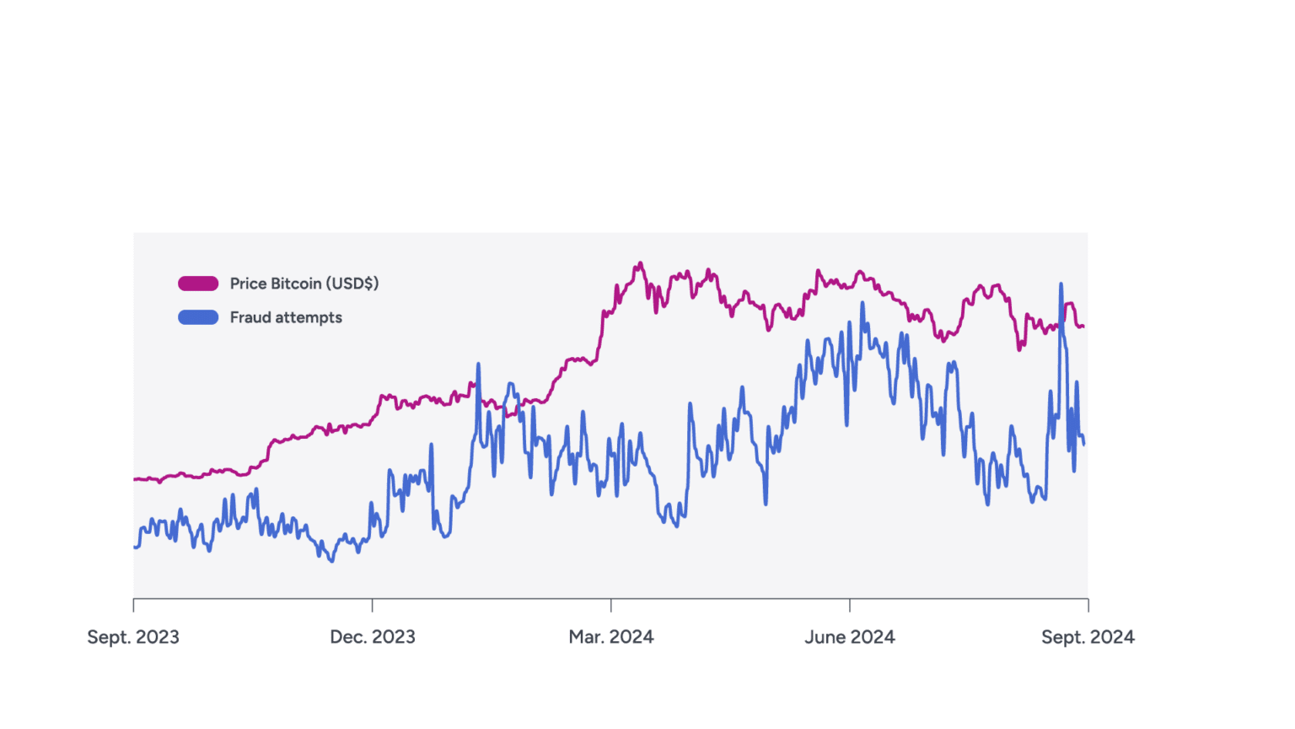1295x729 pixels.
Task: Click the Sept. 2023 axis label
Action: pyautogui.click(x=133, y=637)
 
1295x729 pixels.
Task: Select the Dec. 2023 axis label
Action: pyautogui.click(x=372, y=637)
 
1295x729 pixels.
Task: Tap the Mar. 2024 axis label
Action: pyautogui.click(x=610, y=637)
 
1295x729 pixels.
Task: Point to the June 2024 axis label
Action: pyautogui.click(x=849, y=637)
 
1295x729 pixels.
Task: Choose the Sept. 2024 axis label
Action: pyautogui.click(x=1088, y=637)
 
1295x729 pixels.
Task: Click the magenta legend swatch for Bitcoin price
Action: pyautogui.click(x=198, y=283)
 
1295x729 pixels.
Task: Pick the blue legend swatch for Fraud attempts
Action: pyautogui.click(x=198, y=317)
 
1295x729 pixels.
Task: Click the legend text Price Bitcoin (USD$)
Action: pyautogui.click(x=304, y=283)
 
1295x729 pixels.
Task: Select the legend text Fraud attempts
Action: pyautogui.click(x=286, y=317)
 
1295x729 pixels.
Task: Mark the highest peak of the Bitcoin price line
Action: pyautogui.click(x=641, y=263)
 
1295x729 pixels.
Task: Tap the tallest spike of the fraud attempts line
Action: pyautogui.click(x=1061, y=284)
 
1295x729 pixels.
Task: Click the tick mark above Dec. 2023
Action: pyautogui.click(x=372, y=605)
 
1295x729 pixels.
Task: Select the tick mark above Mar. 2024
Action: pyautogui.click(x=610, y=605)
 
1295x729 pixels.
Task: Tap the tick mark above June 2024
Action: pyautogui.click(x=849, y=605)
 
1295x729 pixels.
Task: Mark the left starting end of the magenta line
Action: pyautogui.click(x=135, y=479)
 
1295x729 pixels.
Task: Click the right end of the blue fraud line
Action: pyautogui.click(x=1083, y=444)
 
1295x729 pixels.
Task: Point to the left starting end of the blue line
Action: pyautogui.click(x=135, y=547)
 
